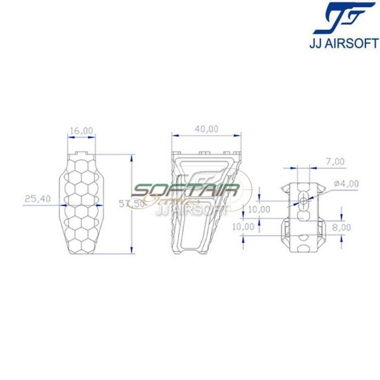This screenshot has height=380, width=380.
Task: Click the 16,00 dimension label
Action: coord(82,131)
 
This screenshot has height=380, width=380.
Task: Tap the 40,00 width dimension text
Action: coord(207,129)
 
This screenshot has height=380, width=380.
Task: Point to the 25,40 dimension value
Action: coord(38,199)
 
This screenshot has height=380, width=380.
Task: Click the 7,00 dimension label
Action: coord(336,162)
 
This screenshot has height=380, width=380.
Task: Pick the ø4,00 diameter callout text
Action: coord(346,183)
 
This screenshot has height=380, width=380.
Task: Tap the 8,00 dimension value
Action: coord(342,228)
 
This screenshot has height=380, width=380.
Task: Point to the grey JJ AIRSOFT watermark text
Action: coord(192,208)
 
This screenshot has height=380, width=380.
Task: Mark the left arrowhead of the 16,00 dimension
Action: coord(70,138)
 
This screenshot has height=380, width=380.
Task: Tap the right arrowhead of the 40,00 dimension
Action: coord(240,136)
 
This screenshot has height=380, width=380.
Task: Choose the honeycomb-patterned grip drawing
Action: coord(82,204)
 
